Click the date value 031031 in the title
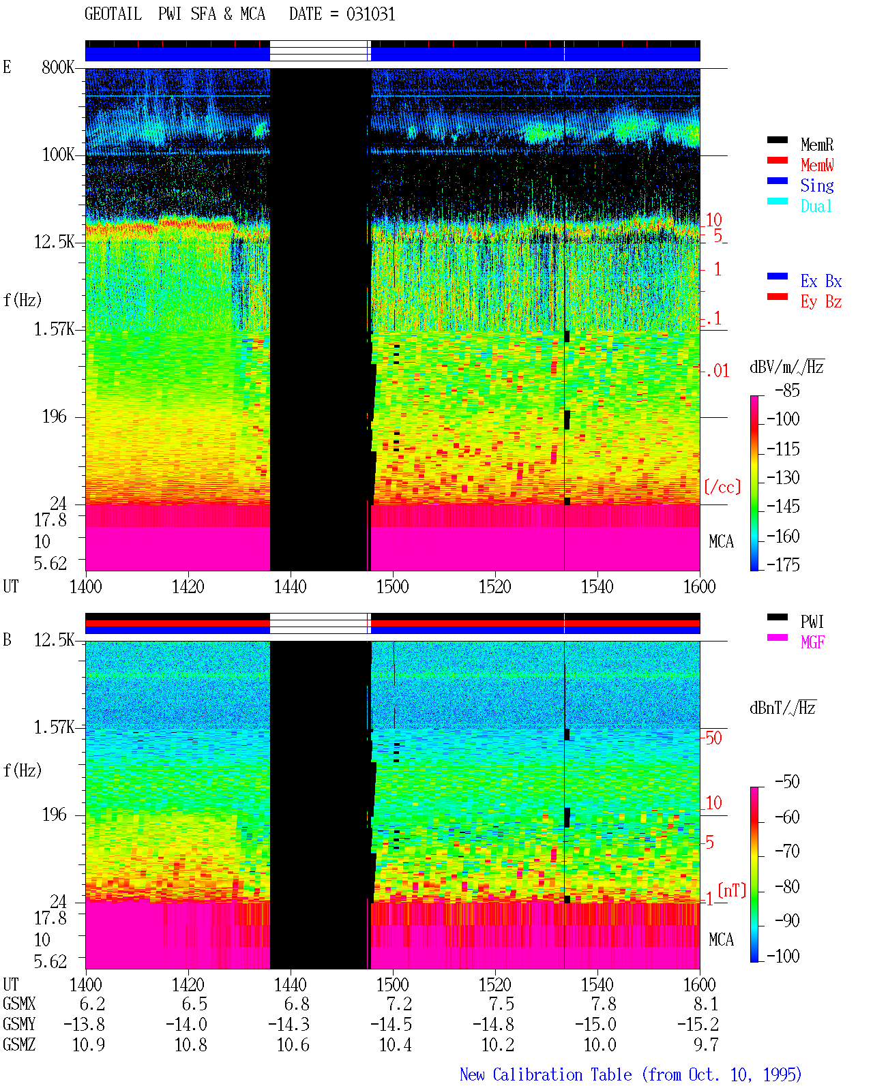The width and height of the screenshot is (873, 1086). [370, 14]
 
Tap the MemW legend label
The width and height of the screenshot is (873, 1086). [817, 165]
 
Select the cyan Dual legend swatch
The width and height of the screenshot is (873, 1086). [777, 201]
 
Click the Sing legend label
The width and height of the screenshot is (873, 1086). [817, 185]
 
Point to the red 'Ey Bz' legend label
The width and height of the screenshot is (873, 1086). [821, 302]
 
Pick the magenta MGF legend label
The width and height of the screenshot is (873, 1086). [812, 642]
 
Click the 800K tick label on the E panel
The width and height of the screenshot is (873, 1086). [58, 67]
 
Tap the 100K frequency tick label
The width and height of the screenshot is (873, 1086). [58, 155]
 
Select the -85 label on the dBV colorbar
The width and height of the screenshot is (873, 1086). [787, 391]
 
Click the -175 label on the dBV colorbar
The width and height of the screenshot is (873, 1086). [783, 564]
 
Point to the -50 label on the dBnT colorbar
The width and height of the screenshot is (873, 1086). [787, 782]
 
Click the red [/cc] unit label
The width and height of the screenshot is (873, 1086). [722, 487]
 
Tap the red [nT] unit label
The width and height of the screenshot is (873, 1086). [732, 890]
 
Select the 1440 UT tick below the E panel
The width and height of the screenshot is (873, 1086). [291, 587]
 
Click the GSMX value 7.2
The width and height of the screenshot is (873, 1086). [400, 1004]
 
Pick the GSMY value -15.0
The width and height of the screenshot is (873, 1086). [596, 1025]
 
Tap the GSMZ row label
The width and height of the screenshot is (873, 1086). [19, 1045]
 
